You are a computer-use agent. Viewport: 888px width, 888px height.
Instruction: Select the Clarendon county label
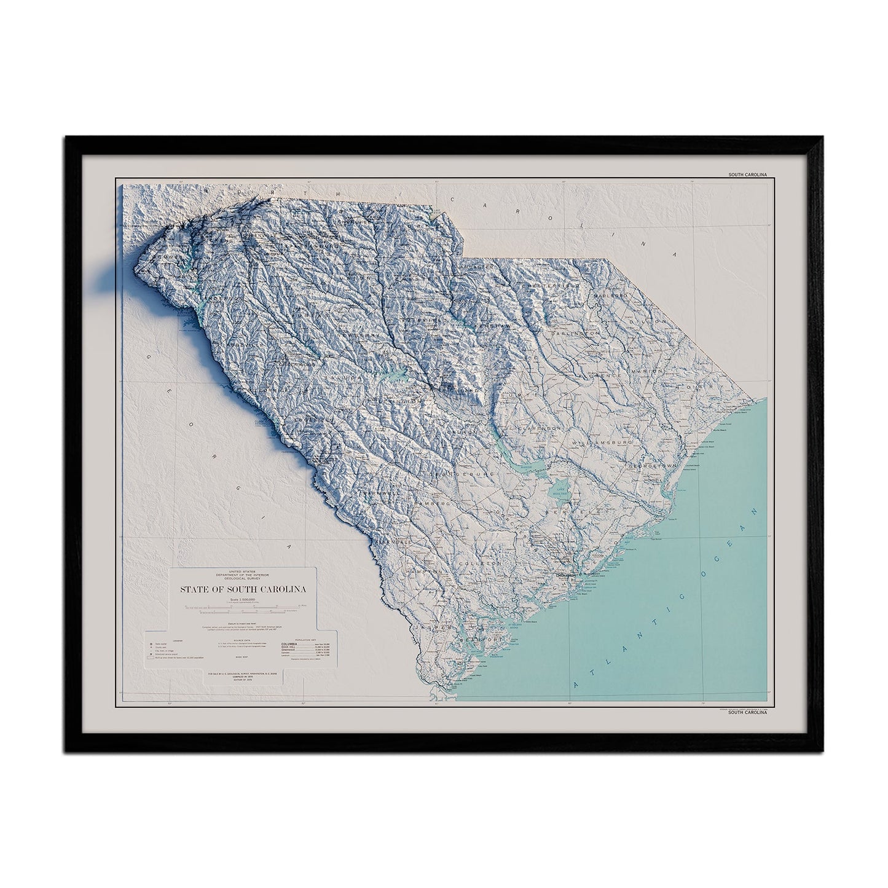coord(540,426)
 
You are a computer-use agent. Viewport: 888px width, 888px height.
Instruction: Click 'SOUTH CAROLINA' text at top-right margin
coord(748,175)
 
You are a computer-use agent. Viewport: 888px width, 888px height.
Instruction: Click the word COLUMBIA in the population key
coord(305,643)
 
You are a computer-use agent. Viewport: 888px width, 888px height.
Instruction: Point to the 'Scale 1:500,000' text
coord(243,600)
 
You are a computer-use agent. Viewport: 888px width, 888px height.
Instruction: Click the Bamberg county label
coord(413,505)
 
